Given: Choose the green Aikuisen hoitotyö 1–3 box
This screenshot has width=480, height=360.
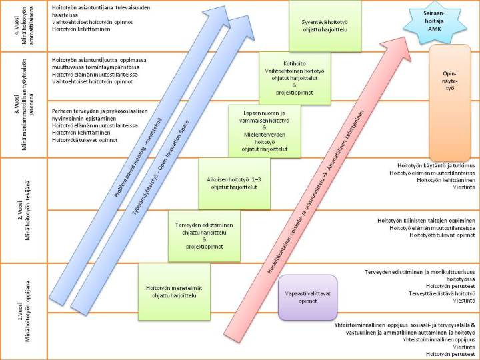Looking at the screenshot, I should [x=227, y=183].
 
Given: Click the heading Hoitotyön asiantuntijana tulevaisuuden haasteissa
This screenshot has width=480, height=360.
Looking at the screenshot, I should [x=100, y=9].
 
